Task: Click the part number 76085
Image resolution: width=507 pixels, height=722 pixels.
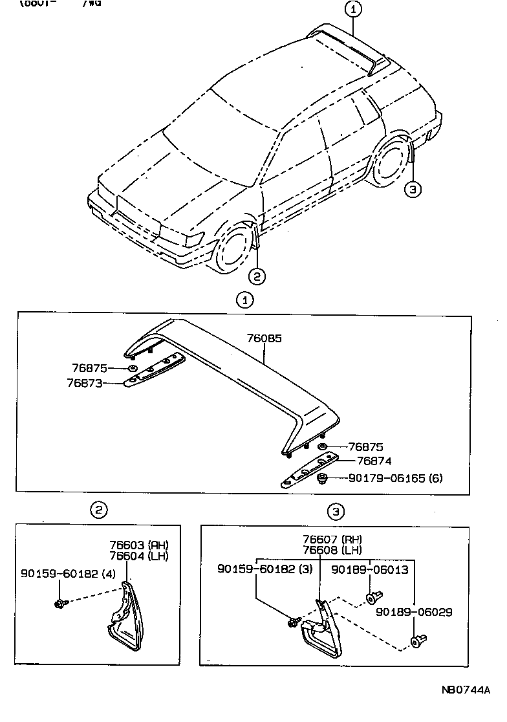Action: [x=264, y=338]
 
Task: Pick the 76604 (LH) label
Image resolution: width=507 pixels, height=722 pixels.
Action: [x=138, y=556]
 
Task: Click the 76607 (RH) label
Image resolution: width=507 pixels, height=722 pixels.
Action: [x=332, y=539]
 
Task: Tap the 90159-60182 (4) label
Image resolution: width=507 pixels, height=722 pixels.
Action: [x=59, y=573]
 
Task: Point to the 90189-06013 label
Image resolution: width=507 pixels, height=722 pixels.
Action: [x=370, y=569]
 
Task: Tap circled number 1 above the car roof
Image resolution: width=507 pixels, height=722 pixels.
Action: [x=353, y=9]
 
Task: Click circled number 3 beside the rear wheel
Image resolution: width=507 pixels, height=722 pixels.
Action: [x=413, y=189]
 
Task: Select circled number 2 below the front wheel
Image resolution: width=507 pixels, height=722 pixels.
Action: [x=257, y=276]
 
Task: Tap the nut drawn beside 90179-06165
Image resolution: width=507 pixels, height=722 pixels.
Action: [x=323, y=478]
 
